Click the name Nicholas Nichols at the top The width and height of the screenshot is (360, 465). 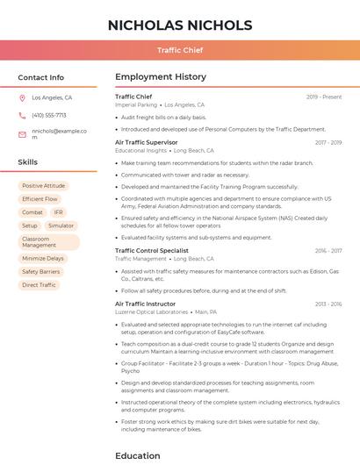pos(179,25)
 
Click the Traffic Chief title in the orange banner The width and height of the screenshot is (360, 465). pos(179,51)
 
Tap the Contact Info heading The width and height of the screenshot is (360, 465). pos(41,77)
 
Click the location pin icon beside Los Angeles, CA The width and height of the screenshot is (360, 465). pos(22,98)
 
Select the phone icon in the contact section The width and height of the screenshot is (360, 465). pos(22,116)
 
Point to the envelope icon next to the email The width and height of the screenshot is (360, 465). pos(22,134)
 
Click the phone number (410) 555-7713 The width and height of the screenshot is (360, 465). pos(49,116)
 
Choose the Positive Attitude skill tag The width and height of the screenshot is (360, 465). pos(44,186)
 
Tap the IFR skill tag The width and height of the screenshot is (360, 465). pos(58,212)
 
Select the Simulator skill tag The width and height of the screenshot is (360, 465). pos(61,225)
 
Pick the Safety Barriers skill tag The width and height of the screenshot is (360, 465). pos(40,272)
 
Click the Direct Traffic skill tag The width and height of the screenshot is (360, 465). pos(39,285)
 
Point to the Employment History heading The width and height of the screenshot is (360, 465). pos(161,77)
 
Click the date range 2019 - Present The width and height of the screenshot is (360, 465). pos(324,97)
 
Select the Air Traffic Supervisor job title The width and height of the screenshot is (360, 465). pos(146,142)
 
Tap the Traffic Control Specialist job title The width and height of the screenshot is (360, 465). pos(152,251)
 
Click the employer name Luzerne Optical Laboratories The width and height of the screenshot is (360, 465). pos(151,311)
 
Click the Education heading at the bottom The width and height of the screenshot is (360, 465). pos(138,455)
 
